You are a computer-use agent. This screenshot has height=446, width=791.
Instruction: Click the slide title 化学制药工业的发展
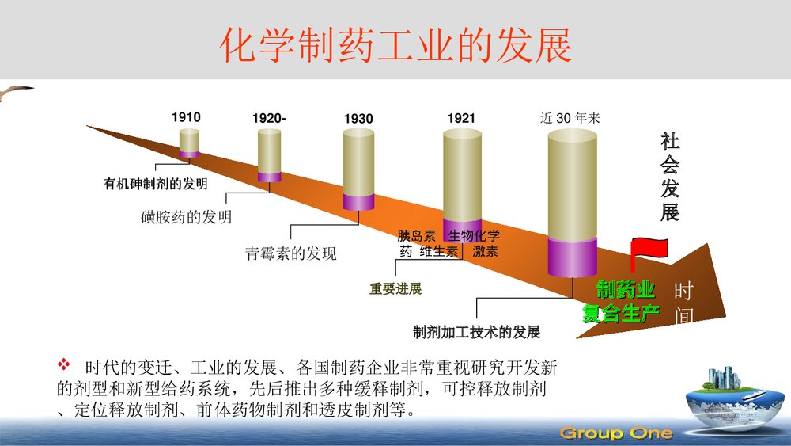coord(395,46)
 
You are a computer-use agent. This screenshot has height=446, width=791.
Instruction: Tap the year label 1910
coord(186,117)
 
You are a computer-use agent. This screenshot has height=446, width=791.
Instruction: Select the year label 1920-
coord(269,119)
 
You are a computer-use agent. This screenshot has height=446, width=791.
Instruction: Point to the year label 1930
coord(358,119)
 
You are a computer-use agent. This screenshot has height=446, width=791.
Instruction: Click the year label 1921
coord(461,119)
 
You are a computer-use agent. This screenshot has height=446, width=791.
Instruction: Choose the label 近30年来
coord(570,119)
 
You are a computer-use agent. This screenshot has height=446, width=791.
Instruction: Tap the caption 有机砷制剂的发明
coord(155,184)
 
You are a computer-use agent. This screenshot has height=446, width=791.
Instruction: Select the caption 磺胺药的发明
coord(187,216)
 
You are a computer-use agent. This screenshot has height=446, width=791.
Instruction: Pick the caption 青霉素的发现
coord(290,253)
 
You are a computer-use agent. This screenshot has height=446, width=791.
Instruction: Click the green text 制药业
coord(625,290)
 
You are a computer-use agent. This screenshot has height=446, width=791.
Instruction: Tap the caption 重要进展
coord(395,289)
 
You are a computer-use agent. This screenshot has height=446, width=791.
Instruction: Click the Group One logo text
coord(616,433)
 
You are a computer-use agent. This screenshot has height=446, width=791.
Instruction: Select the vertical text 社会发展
coord(670,177)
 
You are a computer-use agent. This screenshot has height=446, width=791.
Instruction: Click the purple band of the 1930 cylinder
coord(358,201)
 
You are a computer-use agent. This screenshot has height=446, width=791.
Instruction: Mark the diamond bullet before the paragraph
coord(65,365)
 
